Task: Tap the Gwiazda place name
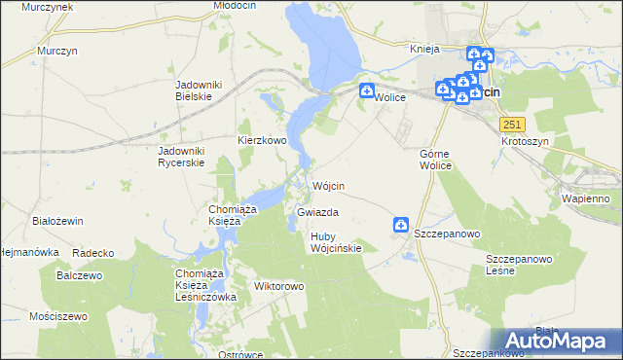[317, 211]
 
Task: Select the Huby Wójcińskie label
[336, 242]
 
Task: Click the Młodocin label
[234, 6]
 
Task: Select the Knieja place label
[425, 49]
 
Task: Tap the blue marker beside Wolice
[367, 92]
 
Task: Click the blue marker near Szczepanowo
[400, 226]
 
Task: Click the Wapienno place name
[585, 198]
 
